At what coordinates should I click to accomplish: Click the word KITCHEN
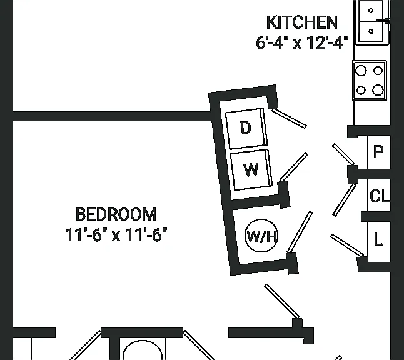(301, 22)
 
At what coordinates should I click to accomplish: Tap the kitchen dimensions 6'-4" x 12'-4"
(302, 42)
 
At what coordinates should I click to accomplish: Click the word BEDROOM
(116, 214)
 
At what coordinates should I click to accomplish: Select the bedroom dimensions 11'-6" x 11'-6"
(116, 235)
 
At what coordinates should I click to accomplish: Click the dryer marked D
(246, 128)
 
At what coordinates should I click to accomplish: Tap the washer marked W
(251, 170)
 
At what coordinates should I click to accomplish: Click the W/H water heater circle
(261, 236)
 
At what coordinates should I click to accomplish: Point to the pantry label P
(378, 152)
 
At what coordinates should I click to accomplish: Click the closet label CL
(380, 196)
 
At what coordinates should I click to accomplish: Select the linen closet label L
(378, 239)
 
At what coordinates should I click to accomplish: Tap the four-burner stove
(370, 81)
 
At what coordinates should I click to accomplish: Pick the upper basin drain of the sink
(371, 11)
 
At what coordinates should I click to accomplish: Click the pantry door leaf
(344, 154)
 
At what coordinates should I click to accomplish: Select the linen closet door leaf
(347, 246)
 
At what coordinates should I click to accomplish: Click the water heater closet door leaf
(300, 232)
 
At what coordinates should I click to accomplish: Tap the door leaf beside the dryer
(290, 118)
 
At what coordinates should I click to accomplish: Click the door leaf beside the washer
(294, 167)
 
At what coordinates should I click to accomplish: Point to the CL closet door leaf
(345, 200)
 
